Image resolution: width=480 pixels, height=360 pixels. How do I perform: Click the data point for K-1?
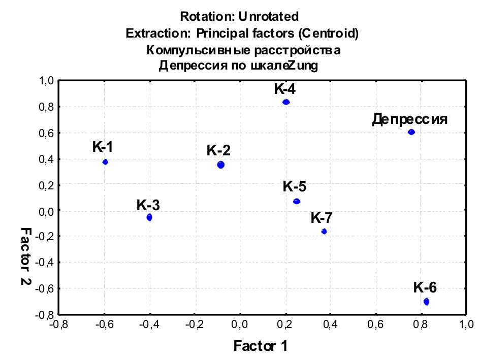105,162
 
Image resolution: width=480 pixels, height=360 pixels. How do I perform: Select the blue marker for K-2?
220,165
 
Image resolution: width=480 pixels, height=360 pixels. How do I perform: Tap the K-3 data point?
149,217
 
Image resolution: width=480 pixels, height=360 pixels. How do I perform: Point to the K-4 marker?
286,102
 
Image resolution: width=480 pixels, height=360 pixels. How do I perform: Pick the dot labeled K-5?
297,202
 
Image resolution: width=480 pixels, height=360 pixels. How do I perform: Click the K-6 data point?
426,302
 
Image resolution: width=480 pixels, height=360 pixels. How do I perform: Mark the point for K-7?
324,232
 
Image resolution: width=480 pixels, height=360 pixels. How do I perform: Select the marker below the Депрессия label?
411,132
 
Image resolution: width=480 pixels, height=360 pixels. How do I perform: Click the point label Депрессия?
409,119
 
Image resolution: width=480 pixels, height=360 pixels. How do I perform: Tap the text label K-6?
425,287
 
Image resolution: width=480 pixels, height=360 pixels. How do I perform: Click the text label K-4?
285,89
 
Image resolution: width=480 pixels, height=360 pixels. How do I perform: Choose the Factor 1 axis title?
261,346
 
